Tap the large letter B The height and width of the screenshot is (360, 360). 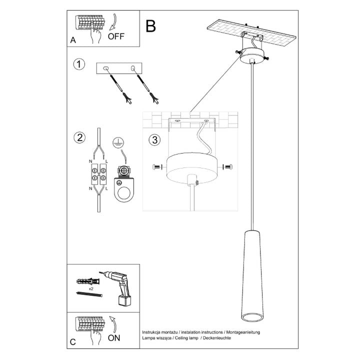pos(150,26)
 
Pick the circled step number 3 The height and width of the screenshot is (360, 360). pos(154,139)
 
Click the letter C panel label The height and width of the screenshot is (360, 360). pos(73,342)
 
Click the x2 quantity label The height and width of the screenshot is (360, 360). pos(91,289)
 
